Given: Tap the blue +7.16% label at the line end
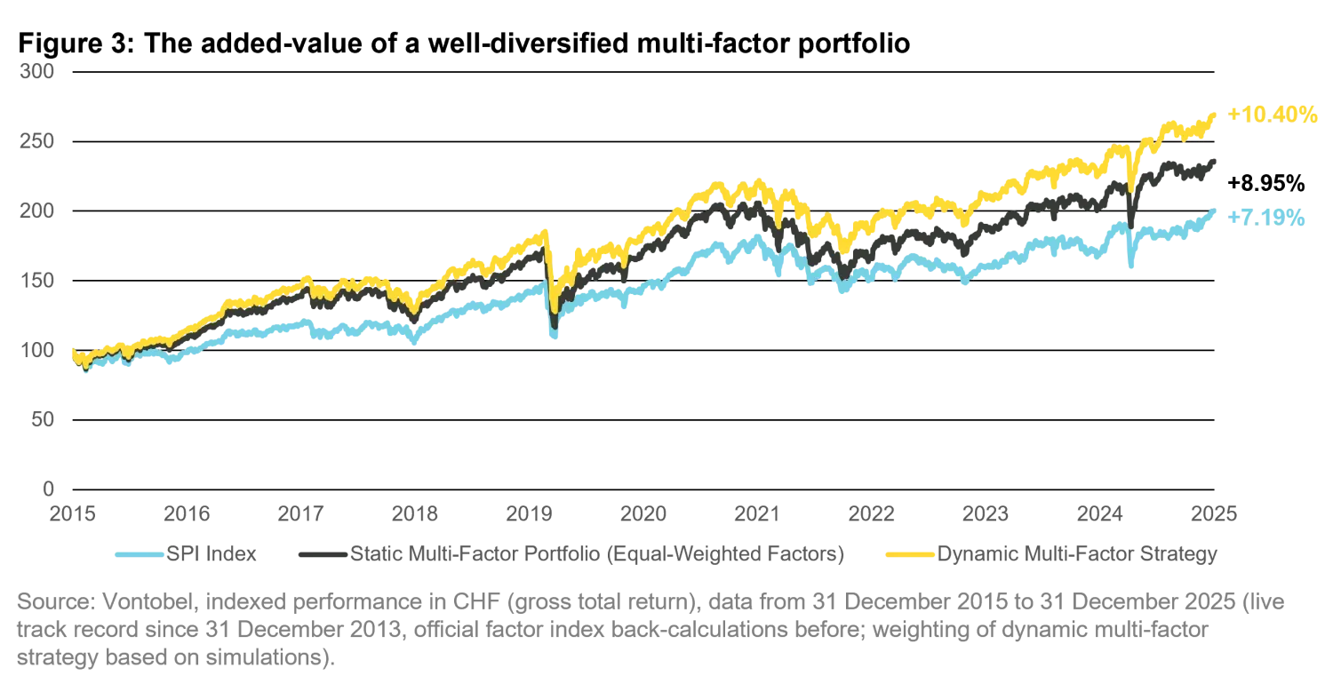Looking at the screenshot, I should [x=1269, y=216].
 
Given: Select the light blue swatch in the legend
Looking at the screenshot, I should [x=140, y=554].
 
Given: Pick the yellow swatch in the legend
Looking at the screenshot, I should [x=911, y=554].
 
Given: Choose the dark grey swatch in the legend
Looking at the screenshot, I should [x=317, y=554].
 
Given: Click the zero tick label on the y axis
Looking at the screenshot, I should [x=50, y=486].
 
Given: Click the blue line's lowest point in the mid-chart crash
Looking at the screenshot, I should [x=555, y=337].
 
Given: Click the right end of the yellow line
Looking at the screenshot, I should [x=1217, y=112].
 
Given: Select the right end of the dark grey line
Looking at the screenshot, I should [x=1217, y=161].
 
